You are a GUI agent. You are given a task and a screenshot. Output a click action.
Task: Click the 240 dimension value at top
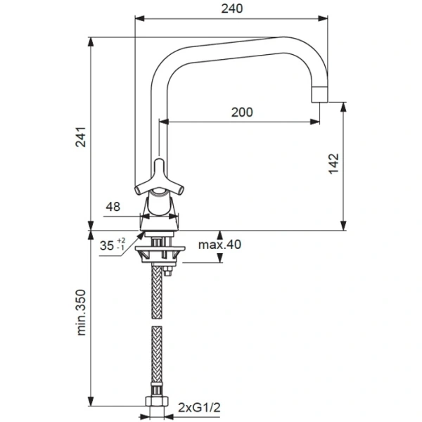tap(232, 9)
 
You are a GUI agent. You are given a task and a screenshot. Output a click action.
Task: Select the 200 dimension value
tap(241, 112)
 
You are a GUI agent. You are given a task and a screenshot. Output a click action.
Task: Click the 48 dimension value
tap(113, 206)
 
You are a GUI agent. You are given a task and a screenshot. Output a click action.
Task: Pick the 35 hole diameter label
tap(108, 246)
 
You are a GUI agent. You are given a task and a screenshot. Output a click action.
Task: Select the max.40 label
tap(219, 245)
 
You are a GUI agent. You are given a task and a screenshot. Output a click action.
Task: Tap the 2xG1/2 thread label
tap(198, 407)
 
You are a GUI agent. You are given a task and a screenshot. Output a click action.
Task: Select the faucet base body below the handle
tap(160, 211)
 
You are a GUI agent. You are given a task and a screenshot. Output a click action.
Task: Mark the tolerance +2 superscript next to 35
tap(122, 241)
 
